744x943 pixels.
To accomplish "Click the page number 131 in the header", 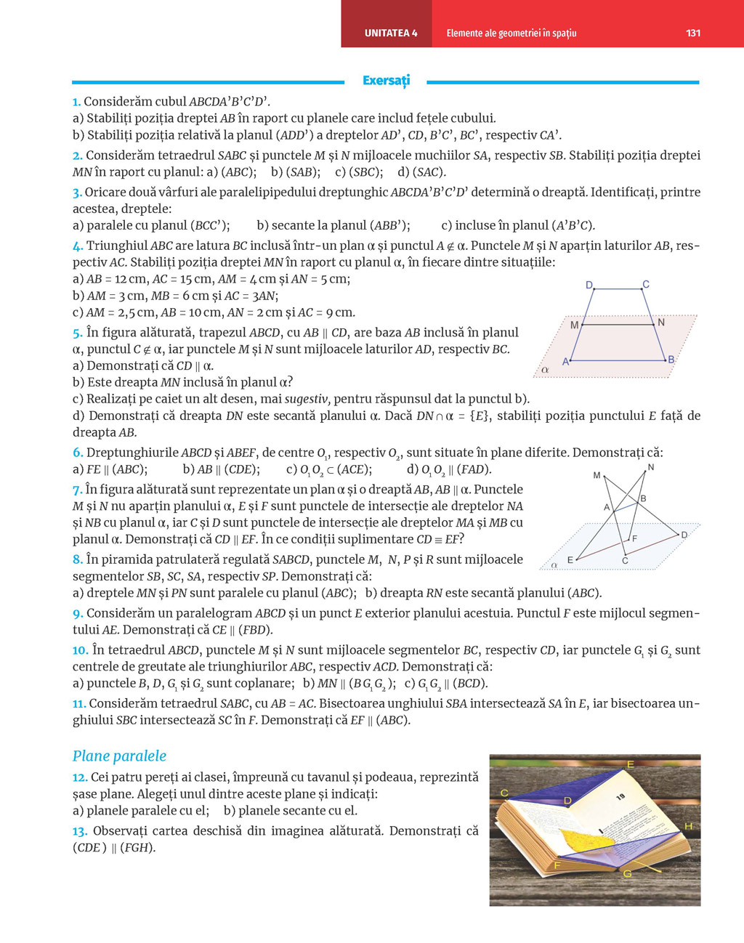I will click(x=693, y=33).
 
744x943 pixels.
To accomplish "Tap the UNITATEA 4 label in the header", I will click(x=391, y=33).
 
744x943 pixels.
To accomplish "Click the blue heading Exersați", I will click(x=386, y=80).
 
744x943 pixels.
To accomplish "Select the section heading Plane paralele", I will click(x=119, y=756).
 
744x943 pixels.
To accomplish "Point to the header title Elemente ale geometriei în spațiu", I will click(x=511, y=33).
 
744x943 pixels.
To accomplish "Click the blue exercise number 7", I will click(x=77, y=490).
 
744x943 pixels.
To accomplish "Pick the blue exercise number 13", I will click(x=79, y=831).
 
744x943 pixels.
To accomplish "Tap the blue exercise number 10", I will click(x=80, y=650).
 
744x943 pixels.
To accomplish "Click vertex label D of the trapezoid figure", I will click(x=589, y=285).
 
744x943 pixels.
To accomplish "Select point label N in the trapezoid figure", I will click(x=661, y=322).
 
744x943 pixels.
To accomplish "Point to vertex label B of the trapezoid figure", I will click(x=671, y=360).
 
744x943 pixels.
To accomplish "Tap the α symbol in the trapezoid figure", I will click(x=545, y=370).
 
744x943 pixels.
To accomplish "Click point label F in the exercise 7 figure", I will click(x=634, y=538).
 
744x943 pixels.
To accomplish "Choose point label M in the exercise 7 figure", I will click(x=597, y=475).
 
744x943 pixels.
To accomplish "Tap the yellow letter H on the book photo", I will click(x=688, y=826).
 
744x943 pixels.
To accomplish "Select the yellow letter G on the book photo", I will click(x=627, y=873).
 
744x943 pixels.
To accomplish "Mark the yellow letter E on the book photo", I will click(x=630, y=764).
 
